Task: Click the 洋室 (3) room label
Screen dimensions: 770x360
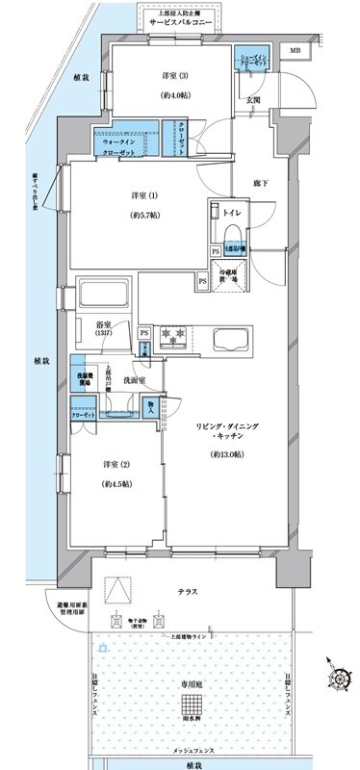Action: (x=167, y=76)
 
